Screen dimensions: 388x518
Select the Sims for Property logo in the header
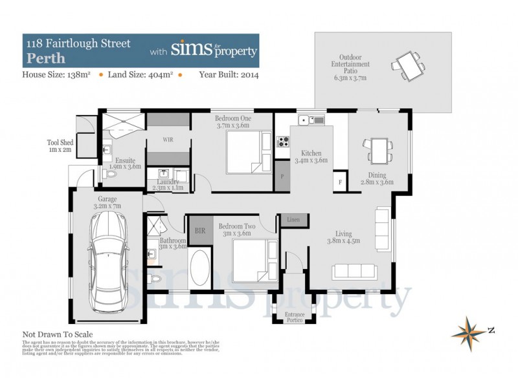[213, 50]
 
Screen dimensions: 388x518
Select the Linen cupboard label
[293, 221]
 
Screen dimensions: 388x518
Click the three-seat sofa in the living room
[356, 271]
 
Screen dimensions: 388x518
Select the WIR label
[167, 139]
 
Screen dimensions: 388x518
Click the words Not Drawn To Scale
[58, 334]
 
